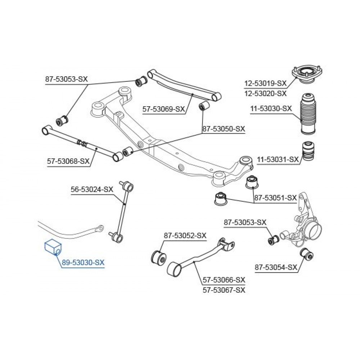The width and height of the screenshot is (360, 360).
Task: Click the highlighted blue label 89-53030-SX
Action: click(83, 262)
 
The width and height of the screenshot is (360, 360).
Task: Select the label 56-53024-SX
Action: click(92, 189)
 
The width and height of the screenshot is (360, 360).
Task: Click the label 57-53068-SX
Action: click(68, 161)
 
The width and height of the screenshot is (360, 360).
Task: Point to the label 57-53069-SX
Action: click(164, 109)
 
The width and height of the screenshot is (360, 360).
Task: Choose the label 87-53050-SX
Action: click(224, 129)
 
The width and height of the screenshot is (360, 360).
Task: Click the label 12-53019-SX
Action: click(265, 84)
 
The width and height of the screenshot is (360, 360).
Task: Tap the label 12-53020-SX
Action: click(265, 94)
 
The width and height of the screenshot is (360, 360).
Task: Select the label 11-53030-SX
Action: click(271, 108)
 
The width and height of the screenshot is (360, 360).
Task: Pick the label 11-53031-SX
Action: click(278, 159)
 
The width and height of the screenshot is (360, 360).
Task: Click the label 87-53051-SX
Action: click(275, 198)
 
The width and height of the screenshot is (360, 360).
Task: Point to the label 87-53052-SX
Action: click(185, 235)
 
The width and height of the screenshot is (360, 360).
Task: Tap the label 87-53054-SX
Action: click(276, 267)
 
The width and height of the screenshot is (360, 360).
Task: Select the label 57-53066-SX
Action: click(224, 280)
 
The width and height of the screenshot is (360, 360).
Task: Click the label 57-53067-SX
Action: click(224, 290)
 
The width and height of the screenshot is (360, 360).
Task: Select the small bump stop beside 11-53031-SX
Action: click(308, 152)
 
